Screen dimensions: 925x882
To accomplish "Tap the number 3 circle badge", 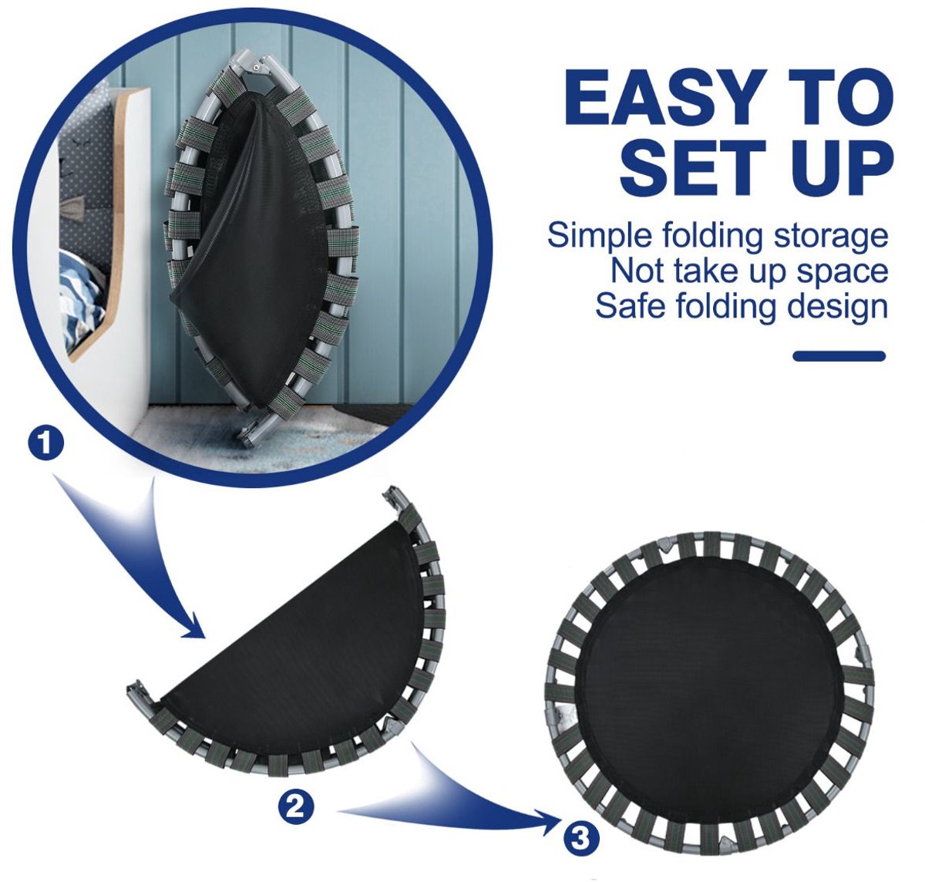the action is (582, 837).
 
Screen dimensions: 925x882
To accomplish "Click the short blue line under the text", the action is (839, 356).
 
